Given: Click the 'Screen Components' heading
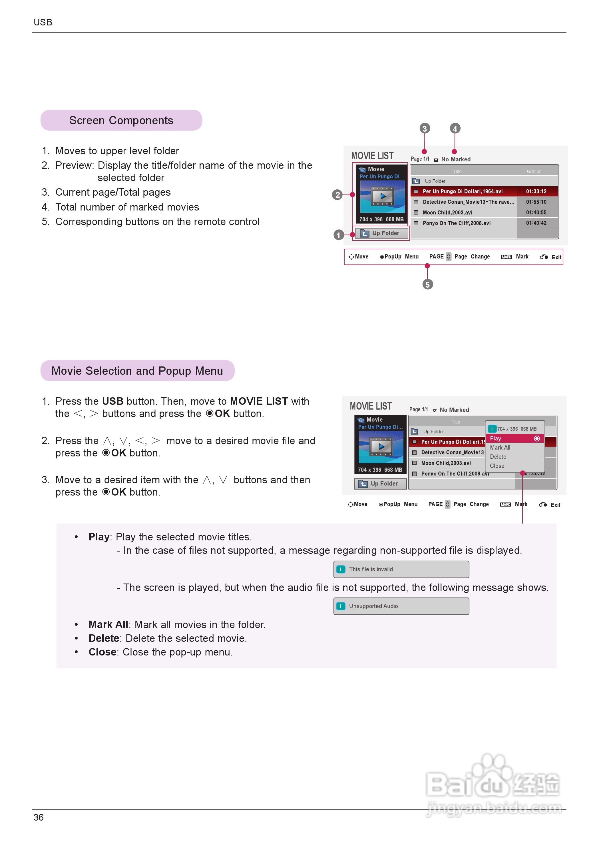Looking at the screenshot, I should click(121, 120).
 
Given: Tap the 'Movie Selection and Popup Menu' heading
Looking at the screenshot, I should click(137, 371).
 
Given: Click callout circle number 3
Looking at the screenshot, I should click(425, 129).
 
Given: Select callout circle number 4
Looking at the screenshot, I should click(455, 129).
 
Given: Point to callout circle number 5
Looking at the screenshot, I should click(427, 284).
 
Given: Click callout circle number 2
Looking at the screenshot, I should click(337, 195).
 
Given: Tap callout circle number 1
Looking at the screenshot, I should click(339, 235).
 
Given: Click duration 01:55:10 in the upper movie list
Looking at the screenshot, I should click(536, 202).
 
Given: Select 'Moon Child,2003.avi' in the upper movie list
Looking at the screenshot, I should click(447, 212).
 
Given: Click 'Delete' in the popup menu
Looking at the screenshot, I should click(498, 457).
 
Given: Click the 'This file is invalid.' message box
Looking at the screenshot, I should click(401, 569).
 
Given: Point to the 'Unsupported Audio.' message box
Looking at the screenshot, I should click(401, 606).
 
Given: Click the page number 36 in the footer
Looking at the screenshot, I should click(39, 817).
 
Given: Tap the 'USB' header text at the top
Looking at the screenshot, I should click(43, 23).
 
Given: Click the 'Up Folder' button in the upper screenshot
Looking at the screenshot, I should click(381, 233).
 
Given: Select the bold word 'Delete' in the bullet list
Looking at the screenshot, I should click(104, 638).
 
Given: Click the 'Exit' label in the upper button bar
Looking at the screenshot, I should click(556, 257).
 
